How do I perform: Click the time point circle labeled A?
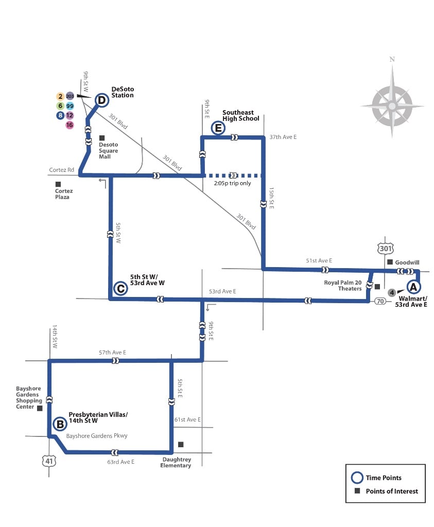tap(413, 287)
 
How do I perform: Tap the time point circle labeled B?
tap(60, 425)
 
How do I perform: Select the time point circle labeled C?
tap(120, 289)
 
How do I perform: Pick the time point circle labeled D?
tap(102, 100)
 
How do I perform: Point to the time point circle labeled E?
tap(218, 128)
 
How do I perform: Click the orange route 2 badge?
tap(60, 96)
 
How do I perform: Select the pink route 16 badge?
tap(70, 125)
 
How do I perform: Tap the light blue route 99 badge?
tap(70, 106)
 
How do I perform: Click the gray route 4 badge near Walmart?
tap(392, 293)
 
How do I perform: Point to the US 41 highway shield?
tap(48, 461)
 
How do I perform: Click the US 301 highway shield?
tap(386, 249)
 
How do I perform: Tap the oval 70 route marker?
tap(380, 301)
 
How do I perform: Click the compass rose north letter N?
tap(392, 59)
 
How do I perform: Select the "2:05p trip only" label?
tap(233, 183)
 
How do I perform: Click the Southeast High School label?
tap(240, 116)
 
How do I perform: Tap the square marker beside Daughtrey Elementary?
tap(180, 444)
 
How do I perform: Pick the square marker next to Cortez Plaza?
tap(58, 184)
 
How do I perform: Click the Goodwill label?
tap(407, 262)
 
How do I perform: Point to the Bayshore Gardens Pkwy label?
tap(97, 436)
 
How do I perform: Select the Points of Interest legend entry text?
tap(392, 491)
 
